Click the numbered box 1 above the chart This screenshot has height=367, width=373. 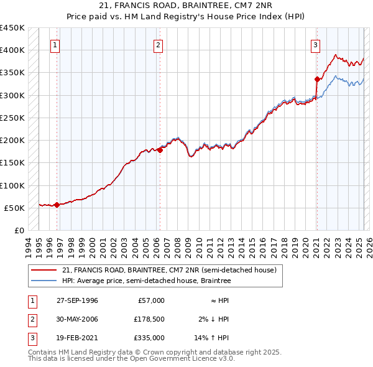tap(55, 45)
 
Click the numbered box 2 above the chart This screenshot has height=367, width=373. tap(159, 45)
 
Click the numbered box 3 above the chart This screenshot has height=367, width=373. tap(316, 45)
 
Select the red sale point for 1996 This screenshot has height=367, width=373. tap(57, 205)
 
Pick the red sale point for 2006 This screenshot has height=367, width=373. tap(160, 149)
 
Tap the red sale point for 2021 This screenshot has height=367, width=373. tap(317, 79)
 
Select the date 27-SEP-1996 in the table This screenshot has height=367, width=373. tap(77, 300)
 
